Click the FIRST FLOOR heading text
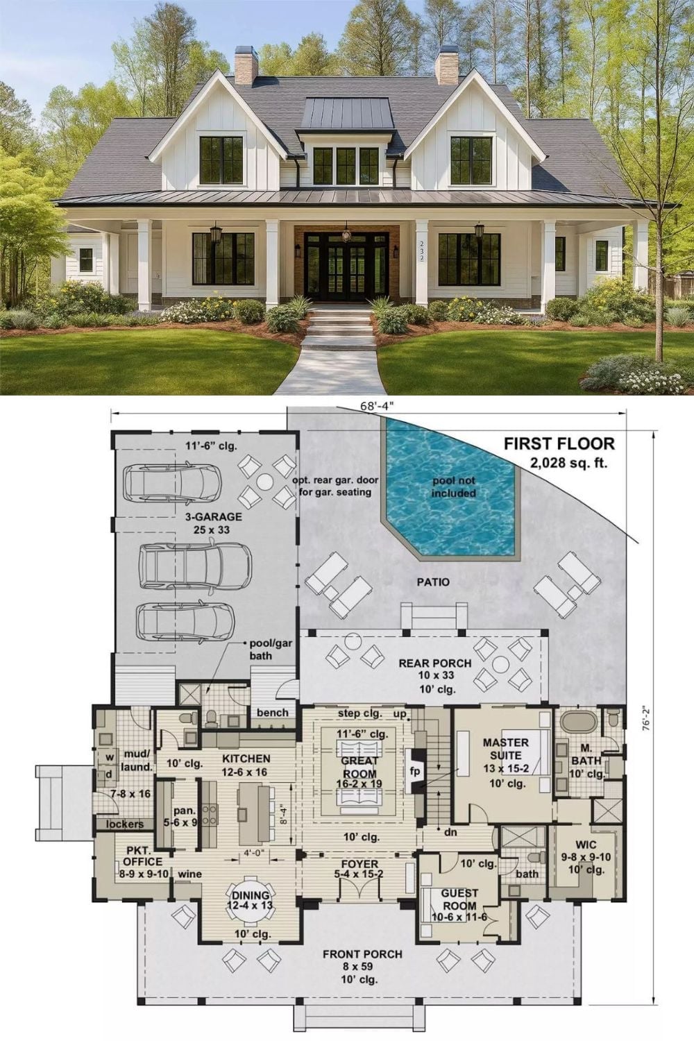pyautogui.click(x=559, y=444)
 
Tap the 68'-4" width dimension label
pyautogui.click(x=377, y=406)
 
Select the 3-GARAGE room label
pyautogui.click(x=213, y=516)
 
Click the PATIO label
pyautogui.click(x=433, y=582)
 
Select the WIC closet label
pyautogui.click(x=586, y=845)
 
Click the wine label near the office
pyautogui.click(x=189, y=874)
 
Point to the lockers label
pyautogui.click(x=125, y=824)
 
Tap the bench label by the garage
pyautogui.click(x=272, y=713)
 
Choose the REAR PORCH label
pyautogui.click(x=434, y=663)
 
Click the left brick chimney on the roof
pyautogui.click(x=246, y=65)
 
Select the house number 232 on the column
pyautogui.click(x=422, y=251)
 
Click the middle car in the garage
pyautogui.click(x=195, y=565)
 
